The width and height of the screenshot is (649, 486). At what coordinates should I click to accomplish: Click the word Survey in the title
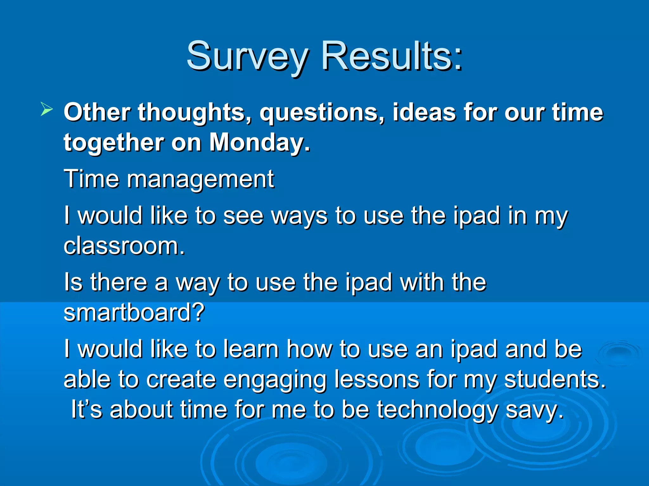pyautogui.click(x=247, y=57)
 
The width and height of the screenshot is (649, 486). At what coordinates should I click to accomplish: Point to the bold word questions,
pyautogui.click(x=322, y=113)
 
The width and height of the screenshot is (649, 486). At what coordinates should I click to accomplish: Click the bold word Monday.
pyautogui.click(x=260, y=143)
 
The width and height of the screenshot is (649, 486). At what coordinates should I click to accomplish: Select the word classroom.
pyautogui.click(x=124, y=246)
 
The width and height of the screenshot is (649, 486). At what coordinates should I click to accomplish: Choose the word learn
pyautogui.click(x=251, y=349)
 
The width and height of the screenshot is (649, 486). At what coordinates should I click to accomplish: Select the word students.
pyautogui.click(x=555, y=379)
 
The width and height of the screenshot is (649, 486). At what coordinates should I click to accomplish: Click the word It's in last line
pyautogui.click(x=87, y=409)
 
